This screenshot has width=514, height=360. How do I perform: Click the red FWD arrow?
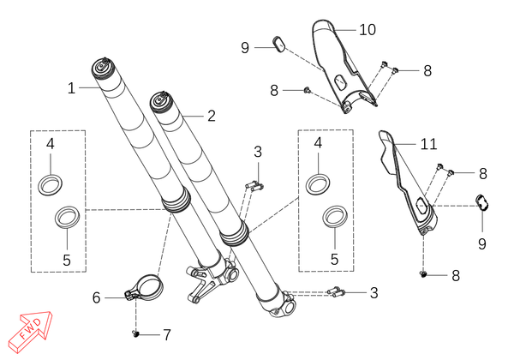30,331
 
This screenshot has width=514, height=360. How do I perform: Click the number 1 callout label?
71,88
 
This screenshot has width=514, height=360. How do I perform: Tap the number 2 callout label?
212,116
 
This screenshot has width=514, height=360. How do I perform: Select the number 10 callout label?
368,30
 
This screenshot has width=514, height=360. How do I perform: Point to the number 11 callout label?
429,144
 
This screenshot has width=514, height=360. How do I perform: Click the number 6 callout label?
96,297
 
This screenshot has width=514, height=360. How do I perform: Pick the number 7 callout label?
167,335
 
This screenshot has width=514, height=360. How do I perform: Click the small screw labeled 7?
135,333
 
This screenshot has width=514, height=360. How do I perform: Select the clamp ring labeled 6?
146,286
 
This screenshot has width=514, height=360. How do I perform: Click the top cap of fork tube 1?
105,68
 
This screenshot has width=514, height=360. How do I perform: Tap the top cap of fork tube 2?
163,101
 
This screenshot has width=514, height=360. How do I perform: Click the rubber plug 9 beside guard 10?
279,45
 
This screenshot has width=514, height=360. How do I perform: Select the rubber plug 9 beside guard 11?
482,202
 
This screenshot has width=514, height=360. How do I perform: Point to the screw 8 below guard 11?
423,274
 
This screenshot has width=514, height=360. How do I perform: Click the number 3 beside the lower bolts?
374,293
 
